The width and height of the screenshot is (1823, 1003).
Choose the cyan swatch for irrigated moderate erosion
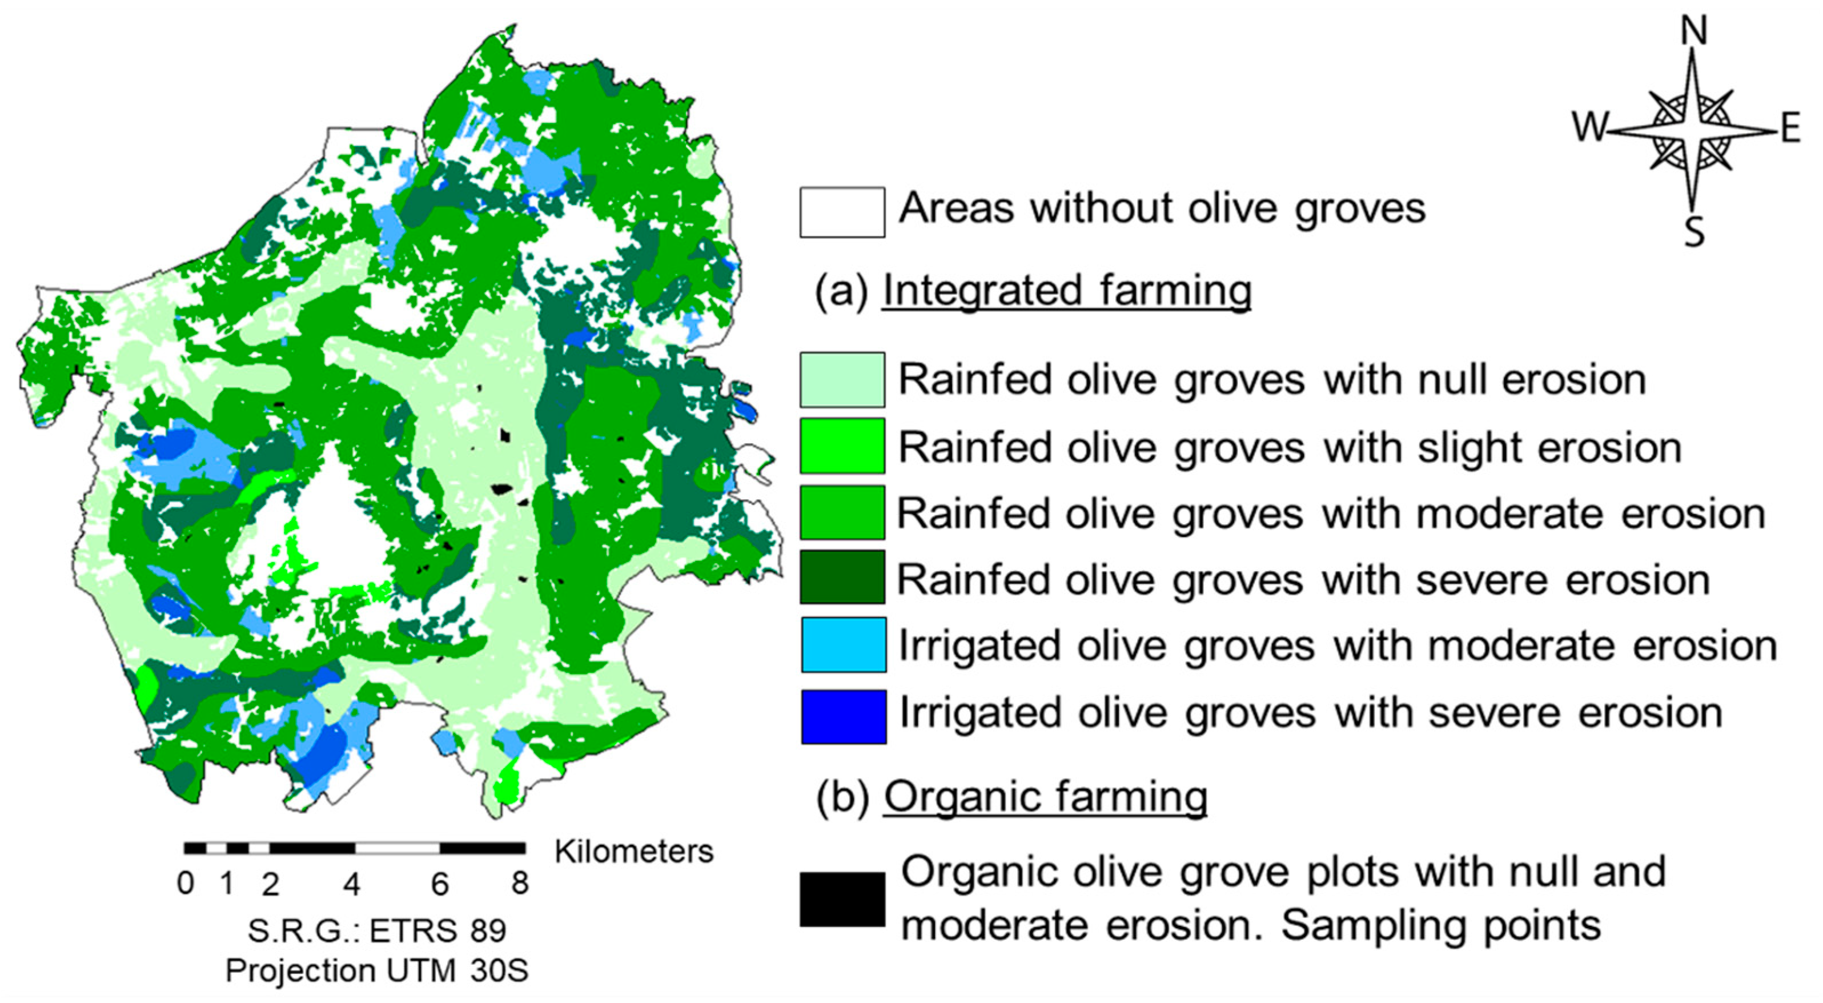point(843,644)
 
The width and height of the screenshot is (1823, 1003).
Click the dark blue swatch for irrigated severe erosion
point(843,716)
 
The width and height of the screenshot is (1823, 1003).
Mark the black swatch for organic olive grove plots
point(842,899)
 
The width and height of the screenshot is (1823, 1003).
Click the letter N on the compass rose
point(1693,32)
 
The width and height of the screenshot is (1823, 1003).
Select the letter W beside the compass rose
point(1589,127)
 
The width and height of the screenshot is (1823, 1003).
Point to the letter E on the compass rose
point(1790,130)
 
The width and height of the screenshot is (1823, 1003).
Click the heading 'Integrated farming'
point(1066,290)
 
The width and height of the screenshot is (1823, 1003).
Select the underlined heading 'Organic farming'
point(1045,797)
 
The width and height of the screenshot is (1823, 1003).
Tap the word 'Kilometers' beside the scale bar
point(633,852)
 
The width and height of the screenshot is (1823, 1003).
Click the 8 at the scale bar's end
point(520,884)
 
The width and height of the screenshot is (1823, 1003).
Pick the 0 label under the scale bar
point(186,884)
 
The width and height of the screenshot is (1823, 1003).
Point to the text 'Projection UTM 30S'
point(376,970)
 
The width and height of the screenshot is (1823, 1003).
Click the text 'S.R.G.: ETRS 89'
point(376,930)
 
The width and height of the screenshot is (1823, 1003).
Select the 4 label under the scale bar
point(352,884)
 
